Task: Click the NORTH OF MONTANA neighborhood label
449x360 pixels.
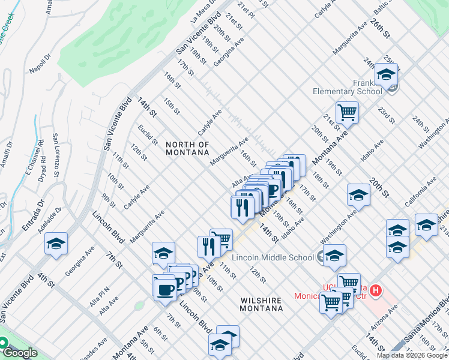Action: pyautogui.click(x=187, y=148)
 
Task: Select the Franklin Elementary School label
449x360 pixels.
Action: pyautogui.click(x=347, y=88)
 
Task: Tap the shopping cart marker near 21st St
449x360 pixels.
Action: pyautogui.click(x=347, y=112)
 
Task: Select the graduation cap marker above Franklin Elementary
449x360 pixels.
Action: pyautogui.click(x=386, y=74)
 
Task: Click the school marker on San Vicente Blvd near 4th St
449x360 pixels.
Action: pyautogui.click(x=56, y=244)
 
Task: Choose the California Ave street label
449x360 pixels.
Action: pyautogui.click(x=420, y=192)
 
